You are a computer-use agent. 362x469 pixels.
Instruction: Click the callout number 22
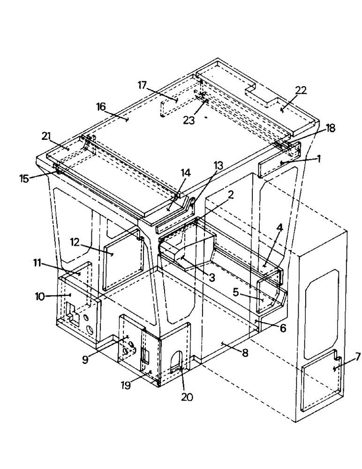(x=301, y=91)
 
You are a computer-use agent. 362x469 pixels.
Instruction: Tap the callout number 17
(x=143, y=85)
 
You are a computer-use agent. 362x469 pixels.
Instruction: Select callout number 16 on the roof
(x=101, y=106)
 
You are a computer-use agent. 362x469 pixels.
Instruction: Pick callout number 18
(x=331, y=128)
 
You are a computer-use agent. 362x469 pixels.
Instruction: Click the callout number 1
(x=318, y=159)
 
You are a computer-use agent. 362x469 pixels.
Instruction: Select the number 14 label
(x=186, y=173)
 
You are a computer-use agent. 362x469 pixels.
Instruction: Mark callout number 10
(x=41, y=296)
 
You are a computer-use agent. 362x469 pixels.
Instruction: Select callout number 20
(x=187, y=397)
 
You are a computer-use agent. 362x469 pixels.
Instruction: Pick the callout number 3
(x=211, y=277)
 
